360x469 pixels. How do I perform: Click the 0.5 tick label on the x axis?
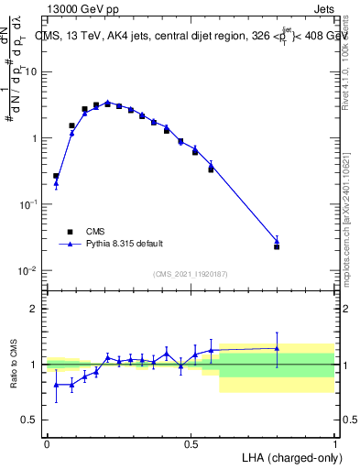(191, 443)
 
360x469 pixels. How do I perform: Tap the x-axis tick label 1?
(334, 443)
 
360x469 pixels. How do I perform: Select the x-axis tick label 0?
(47, 443)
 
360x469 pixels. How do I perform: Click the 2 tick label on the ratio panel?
(36, 309)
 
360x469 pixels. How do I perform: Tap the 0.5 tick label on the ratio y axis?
(33, 420)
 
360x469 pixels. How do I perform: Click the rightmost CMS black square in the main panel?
(277, 246)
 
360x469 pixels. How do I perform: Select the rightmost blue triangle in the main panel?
(277, 241)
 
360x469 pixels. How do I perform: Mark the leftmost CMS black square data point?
(56, 176)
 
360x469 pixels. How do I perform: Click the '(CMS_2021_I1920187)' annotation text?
(191, 274)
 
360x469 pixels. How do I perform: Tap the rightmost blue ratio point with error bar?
(277, 348)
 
